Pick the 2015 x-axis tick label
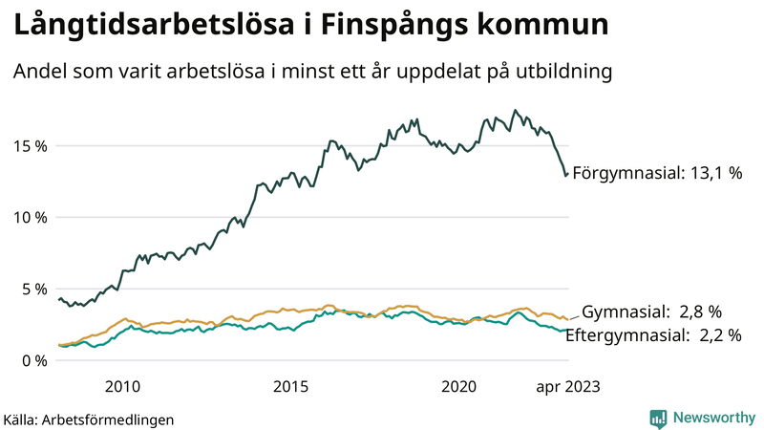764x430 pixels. click(290, 386)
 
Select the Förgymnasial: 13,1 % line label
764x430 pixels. click(657, 175)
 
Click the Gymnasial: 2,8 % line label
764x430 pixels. click(651, 312)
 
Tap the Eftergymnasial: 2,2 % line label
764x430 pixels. click(652, 334)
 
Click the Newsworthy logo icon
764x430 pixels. click(658, 418)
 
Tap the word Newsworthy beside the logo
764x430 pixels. click(713, 418)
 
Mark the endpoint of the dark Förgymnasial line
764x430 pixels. click(567, 174)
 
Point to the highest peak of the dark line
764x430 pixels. click(516, 110)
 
